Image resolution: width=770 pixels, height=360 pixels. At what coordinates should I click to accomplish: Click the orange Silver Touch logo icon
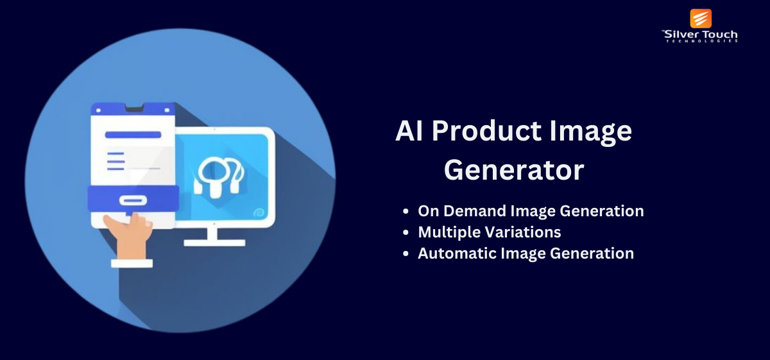pyautogui.click(x=701, y=19)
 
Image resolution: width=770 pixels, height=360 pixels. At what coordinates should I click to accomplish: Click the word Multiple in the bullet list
pyautogui.click(x=444, y=232)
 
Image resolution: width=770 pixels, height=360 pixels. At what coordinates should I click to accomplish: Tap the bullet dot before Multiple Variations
pyautogui.click(x=406, y=232)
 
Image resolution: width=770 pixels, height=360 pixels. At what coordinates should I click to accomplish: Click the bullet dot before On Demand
pyautogui.click(x=406, y=211)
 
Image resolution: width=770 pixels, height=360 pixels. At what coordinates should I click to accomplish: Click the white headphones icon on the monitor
pyautogui.click(x=219, y=177)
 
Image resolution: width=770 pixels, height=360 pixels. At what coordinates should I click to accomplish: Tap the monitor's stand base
pyautogui.click(x=214, y=243)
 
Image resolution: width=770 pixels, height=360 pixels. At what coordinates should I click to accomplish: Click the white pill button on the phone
pyautogui.click(x=133, y=200)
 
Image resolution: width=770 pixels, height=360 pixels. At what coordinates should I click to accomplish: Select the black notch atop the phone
pyautogui.click(x=134, y=108)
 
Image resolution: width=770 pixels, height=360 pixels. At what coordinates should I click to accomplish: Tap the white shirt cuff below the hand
pyautogui.click(x=132, y=263)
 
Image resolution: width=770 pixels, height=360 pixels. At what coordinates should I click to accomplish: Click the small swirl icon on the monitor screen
pyautogui.click(x=259, y=213)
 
